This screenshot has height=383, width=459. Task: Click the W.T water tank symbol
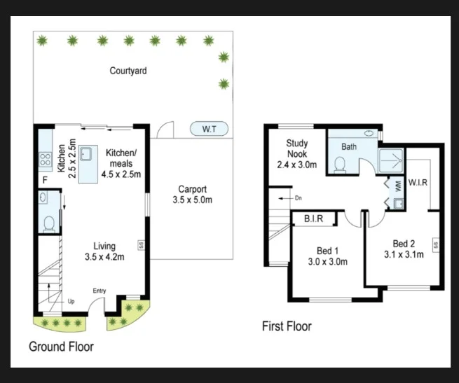coord(209,129)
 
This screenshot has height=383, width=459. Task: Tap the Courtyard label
coord(128,71)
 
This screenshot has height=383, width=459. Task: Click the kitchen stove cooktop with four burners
coord(46,160)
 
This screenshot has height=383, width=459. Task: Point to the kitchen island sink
coord(86,154)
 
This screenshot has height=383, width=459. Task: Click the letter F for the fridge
coord(45,180)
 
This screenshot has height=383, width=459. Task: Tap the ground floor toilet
coord(49,224)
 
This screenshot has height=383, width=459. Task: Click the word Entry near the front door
coord(100,291)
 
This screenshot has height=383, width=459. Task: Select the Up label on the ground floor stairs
coord(71,301)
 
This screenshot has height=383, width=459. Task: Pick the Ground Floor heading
coord(61,347)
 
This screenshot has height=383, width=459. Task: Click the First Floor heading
coord(287,326)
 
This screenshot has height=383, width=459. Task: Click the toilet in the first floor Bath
coord(340,165)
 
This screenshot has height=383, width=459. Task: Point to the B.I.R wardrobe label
coord(313,218)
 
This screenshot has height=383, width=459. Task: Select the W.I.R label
coord(418,183)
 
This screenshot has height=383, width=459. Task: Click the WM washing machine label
coord(398,186)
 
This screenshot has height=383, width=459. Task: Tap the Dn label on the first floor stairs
coord(299,198)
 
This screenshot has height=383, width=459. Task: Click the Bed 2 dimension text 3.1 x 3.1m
coord(404,255)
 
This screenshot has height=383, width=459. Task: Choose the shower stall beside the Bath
coord(392,160)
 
